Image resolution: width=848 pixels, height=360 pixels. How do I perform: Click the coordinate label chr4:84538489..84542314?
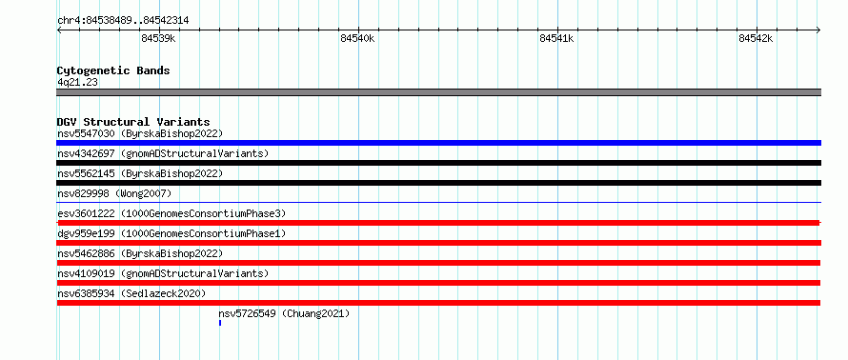coord(123,21)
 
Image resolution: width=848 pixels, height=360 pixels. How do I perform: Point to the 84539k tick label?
coord(158,38)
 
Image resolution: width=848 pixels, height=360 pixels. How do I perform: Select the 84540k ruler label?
coord(357,38)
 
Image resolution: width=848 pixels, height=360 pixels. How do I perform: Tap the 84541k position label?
coord(556,38)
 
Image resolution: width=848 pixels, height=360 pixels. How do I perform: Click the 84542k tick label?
coord(756,38)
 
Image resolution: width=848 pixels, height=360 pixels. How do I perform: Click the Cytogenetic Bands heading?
coord(113,70)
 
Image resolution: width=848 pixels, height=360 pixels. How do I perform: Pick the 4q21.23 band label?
coord(77,83)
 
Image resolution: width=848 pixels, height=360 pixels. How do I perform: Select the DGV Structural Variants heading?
coord(133,122)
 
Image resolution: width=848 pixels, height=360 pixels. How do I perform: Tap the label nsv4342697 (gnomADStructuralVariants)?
coord(163,153)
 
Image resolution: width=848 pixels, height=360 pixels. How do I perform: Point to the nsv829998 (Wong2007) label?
coord(114,193)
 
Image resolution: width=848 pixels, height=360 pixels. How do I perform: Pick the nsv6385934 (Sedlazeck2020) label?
coord(131,293)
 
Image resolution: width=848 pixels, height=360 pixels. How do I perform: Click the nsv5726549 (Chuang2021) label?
coord(285,313)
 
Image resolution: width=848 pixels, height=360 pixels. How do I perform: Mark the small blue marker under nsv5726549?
coord(220,323)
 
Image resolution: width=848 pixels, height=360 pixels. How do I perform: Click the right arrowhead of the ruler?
coord(818,30)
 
